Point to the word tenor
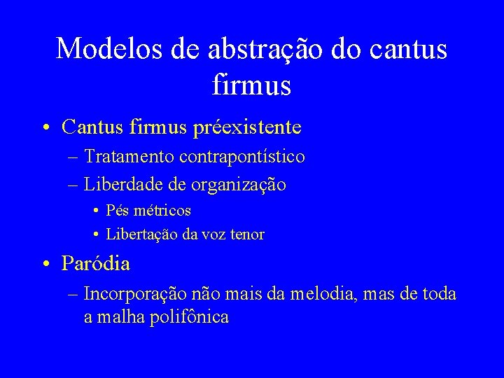pyautogui.click(x=246, y=234)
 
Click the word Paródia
pyautogui.click(x=96, y=264)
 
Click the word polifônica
pyautogui.click(x=188, y=316)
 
